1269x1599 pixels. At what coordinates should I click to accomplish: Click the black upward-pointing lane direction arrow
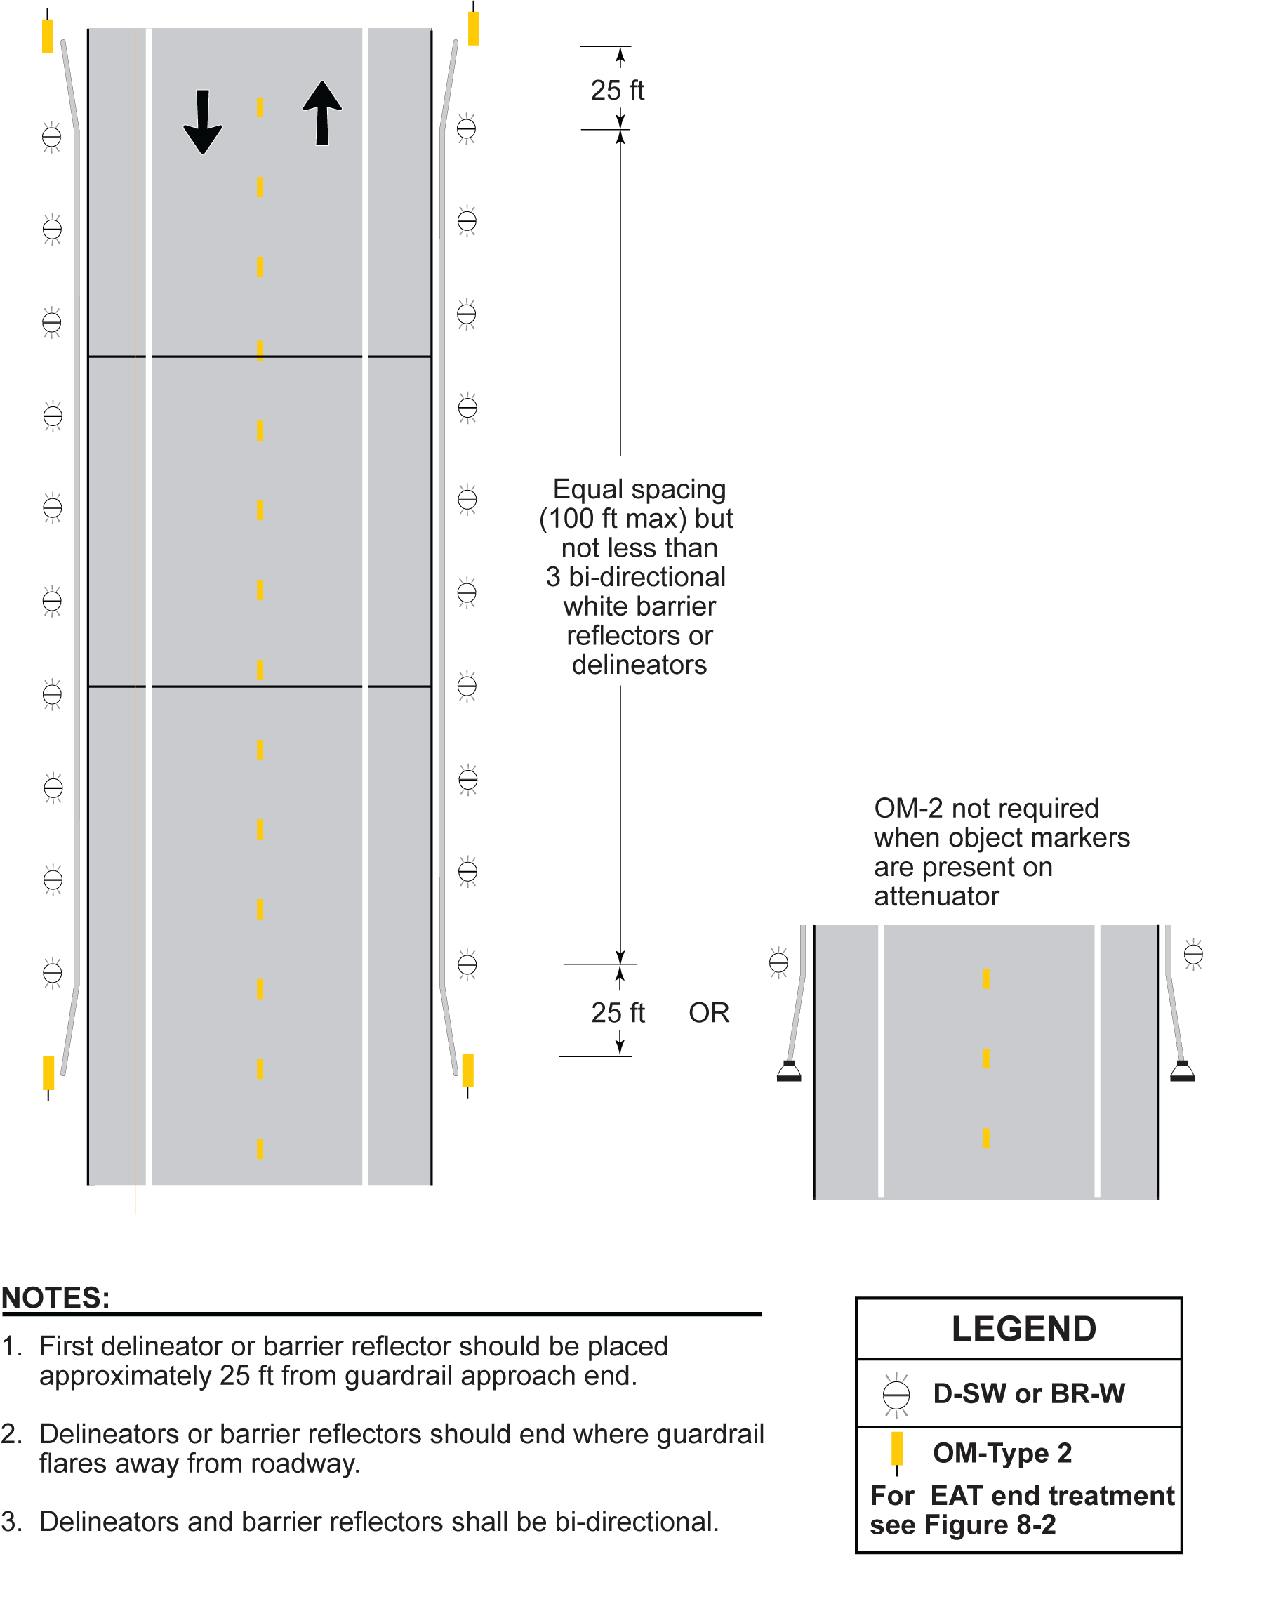click(x=322, y=113)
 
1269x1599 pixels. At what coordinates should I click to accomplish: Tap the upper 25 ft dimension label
click(x=617, y=91)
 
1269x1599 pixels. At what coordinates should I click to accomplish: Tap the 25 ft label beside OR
click(x=618, y=1012)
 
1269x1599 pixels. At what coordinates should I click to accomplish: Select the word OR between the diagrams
click(x=708, y=1012)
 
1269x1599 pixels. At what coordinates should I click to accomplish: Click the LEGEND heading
click(x=1023, y=1328)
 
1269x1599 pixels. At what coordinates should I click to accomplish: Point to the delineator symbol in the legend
click(x=896, y=1394)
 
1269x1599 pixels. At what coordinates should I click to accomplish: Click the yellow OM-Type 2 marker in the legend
click(x=897, y=1449)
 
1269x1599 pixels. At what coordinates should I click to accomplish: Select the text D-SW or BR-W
click(x=1029, y=1393)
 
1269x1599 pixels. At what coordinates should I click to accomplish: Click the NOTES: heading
click(x=55, y=1297)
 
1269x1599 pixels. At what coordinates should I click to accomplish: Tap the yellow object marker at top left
click(x=48, y=36)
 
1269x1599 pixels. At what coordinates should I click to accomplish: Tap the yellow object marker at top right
click(x=473, y=28)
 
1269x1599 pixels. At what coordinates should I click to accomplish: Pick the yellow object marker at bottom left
click(x=48, y=1073)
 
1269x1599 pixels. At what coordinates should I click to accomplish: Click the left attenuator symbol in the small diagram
click(x=788, y=1071)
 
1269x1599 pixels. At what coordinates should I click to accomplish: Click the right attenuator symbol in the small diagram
click(x=1181, y=1071)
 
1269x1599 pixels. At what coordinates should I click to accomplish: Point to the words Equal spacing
click(x=639, y=489)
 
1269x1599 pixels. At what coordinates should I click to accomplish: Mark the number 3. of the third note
click(x=11, y=1522)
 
